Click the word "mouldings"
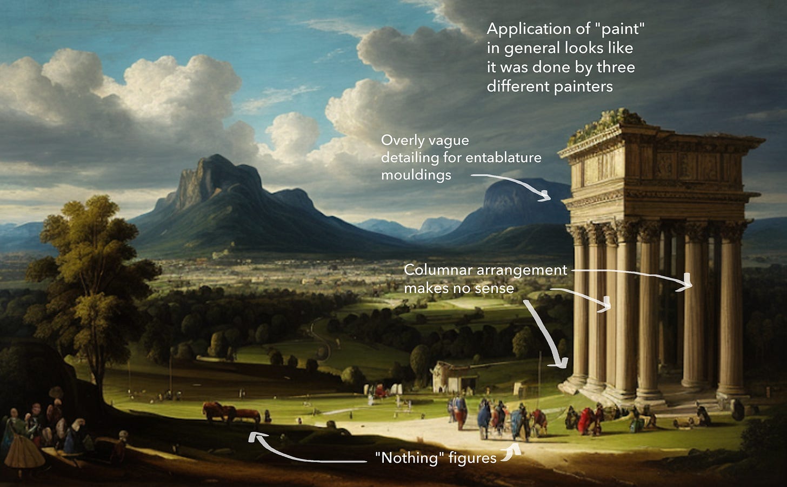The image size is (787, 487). pyautogui.click(x=416, y=175)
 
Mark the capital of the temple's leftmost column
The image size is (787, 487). pyautogui.click(x=577, y=235)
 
